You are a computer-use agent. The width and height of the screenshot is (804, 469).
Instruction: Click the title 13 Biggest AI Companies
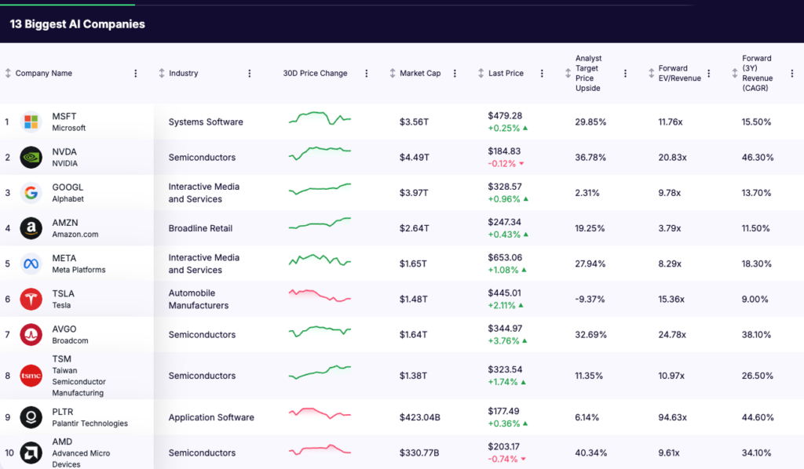[77, 24]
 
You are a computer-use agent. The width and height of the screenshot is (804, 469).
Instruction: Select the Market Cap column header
[420, 73]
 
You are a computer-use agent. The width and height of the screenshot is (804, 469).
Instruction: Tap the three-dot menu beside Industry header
[250, 73]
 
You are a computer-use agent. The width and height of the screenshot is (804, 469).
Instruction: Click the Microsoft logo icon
[31, 122]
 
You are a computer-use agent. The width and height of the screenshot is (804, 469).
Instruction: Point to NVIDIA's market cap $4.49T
[415, 158]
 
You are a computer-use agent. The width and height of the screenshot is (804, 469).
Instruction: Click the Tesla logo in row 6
[31, 300]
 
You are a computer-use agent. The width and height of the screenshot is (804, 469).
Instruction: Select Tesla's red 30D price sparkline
[320, 296]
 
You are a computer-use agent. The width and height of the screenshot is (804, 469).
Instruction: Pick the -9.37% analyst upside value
[589, 300]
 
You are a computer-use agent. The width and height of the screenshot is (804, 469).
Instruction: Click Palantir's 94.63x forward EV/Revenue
[673, 417]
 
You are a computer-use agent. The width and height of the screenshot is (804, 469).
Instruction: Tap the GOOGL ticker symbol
[68, 187]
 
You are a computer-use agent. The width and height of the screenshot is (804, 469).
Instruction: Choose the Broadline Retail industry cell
[200, 228]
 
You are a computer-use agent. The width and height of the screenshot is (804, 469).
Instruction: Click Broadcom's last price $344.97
[505, 329]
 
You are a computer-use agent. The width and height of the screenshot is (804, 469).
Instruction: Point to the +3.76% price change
[503, 341]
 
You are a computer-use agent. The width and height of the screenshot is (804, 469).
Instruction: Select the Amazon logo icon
[31, 228]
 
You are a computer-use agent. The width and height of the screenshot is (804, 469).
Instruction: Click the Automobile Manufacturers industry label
[199, 300]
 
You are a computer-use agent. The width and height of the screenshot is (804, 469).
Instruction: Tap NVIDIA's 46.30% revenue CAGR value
[758, 158]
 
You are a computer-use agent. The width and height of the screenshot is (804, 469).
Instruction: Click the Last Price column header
[506, 73]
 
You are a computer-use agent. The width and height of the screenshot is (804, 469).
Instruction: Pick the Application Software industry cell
[211, 417]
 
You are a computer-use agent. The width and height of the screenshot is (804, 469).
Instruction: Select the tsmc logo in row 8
[31, 376]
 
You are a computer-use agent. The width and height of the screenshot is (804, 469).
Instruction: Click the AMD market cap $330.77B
[419, 453]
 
